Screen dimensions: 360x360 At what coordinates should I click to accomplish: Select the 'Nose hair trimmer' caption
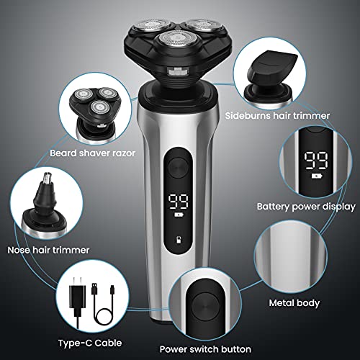click(48, 249)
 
